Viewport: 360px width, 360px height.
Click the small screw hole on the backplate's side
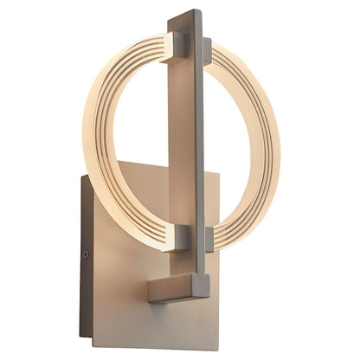point(86,255)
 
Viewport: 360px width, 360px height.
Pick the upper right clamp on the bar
point(208,51)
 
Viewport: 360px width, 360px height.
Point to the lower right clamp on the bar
point(209,240)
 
